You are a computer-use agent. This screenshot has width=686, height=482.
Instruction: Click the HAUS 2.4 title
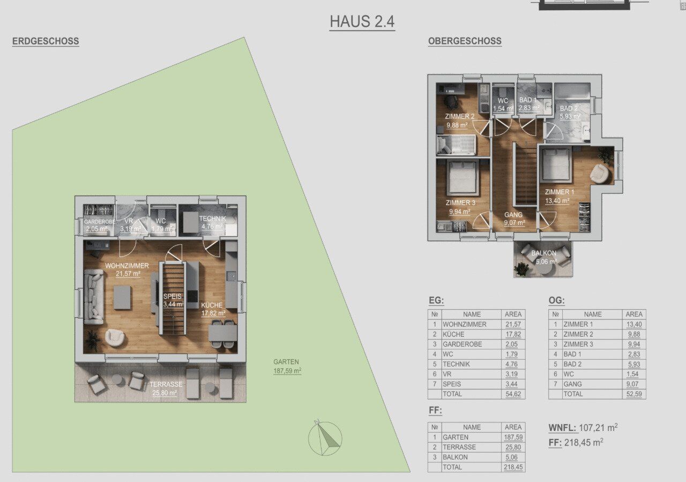(x=362, y=21)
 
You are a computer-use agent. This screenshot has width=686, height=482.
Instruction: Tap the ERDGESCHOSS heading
(x=46, y=41)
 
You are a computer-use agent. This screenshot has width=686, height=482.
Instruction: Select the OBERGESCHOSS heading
(x=465, y=41)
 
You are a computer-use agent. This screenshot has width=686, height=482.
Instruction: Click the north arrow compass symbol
(x=325, y=438)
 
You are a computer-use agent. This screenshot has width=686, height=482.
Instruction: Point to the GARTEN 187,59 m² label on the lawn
(x=287, y=367)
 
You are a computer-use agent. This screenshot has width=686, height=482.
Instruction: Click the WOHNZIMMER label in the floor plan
(x=127, y=266)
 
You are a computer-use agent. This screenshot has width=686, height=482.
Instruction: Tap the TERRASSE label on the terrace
(x=166, y=384)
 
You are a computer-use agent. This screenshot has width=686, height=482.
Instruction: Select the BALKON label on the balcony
(x=543, y=253)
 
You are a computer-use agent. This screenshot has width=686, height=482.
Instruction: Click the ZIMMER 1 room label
(x=560, y=192)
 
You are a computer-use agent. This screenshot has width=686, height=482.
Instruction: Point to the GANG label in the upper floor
(x=513, y=215)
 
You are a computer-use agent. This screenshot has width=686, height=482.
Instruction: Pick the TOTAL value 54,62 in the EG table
(x=513, y=394)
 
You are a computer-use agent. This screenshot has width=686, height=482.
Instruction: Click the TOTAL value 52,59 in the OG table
(x=634, y=394)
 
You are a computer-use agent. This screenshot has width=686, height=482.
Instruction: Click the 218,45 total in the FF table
(x=513, y=468)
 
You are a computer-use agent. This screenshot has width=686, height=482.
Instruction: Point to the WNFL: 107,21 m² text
(x=583, y=428)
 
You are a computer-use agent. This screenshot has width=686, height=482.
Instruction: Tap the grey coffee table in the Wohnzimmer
(x=122, y=297)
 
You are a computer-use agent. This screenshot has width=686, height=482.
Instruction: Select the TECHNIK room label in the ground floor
(x=213, y=218)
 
